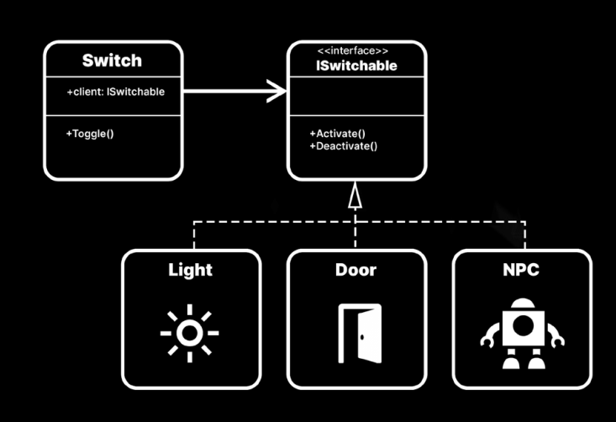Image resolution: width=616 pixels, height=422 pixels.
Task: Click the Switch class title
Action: click(x=112, y=61)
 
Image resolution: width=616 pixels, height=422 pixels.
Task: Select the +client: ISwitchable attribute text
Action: click(x=115, y=91)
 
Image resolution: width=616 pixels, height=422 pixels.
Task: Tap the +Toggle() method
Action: click(x=90, y=133)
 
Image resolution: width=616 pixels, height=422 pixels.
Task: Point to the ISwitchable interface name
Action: click(x=356, y=66)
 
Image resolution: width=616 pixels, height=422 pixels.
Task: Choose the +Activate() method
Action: click(x=337, y=133)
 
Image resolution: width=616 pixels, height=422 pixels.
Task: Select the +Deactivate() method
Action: click(x=344, y=145)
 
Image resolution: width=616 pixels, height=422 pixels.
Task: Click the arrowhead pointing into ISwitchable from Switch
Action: click(x=278, y=91)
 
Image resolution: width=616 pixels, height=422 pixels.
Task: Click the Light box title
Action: click(x=191, y=271)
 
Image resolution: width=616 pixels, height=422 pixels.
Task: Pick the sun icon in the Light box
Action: click(x=190, y=334)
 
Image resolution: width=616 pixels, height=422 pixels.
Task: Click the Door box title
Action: click(x=355, y=271)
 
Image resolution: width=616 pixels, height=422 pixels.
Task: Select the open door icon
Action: click(x=359, y=334)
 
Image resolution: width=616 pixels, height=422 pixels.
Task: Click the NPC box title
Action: click(x=522, y=271)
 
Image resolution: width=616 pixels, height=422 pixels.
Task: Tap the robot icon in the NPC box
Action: click(x=522, y=334)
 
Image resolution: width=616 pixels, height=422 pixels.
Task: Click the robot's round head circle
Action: click(x=522, y=324)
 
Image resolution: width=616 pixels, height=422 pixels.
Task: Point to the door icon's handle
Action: click(x=361, y=337)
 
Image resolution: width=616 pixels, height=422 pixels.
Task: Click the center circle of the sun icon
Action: click(x=190, y=334)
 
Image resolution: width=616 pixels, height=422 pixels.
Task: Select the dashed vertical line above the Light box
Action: click(x=195, y=236)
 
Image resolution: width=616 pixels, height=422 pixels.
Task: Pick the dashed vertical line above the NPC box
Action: click(x=525, y=236)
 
